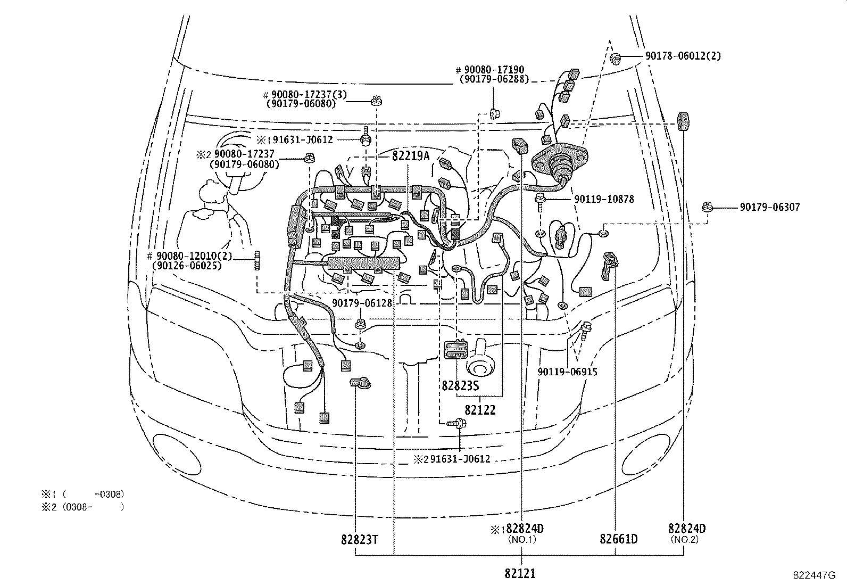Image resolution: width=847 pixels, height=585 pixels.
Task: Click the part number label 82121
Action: click(520, 573)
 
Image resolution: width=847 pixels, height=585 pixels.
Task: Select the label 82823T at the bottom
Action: click(359, 539)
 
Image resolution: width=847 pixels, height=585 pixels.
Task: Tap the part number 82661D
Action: click(618, 539)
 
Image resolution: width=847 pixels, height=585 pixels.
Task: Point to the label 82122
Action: click(480, 410)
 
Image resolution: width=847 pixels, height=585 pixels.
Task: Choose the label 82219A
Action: click(410, 156)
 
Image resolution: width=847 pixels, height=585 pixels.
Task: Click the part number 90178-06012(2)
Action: click(683, 56)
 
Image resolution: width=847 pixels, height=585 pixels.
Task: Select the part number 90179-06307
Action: click(769, 208)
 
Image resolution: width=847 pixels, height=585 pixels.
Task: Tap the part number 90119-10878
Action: click(604, 199)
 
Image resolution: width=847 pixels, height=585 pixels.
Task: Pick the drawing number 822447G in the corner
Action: click(815, 575)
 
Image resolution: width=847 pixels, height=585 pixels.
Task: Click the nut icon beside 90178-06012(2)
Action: click(616, 57)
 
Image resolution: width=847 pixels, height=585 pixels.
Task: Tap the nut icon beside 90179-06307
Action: click(707, 208)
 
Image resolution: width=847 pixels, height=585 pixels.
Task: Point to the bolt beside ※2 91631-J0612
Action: click(458, 423)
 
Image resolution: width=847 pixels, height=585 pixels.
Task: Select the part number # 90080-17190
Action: click(490, 70)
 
